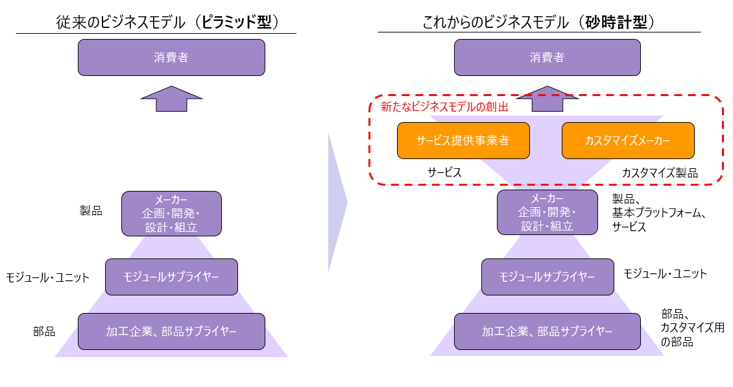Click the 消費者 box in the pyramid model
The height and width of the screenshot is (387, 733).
point(171,57)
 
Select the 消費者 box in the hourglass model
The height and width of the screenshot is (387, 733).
point(547,57)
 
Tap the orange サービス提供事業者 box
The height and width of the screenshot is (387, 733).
point(463,140)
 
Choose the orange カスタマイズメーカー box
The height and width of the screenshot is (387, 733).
point(628,140)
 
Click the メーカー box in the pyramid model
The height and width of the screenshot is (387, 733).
point(171,213)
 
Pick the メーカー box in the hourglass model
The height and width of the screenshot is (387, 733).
point(547,212)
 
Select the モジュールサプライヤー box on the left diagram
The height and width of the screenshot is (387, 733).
point(171,277)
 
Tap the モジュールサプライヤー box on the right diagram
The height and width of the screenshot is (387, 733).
point(547,277)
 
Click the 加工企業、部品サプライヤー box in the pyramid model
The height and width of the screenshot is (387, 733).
point(171,331)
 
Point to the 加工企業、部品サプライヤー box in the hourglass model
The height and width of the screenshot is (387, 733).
point(547,331)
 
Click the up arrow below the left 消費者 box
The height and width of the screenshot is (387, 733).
point(171,99)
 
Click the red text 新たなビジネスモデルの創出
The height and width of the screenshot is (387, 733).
point(444,107)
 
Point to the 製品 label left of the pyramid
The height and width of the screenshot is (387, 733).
point(91,211)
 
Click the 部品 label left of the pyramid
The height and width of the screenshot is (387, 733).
point(44,332)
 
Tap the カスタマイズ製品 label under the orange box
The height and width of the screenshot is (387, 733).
point(660,173)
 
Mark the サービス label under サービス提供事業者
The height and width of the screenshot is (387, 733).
point(444,173)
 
